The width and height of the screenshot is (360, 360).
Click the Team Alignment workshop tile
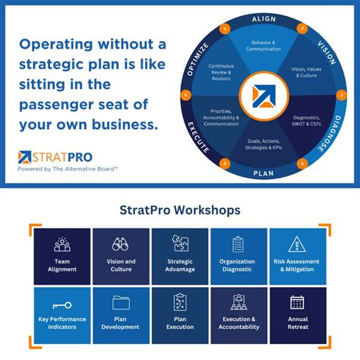[x=62, y=256]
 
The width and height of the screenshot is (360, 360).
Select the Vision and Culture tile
[x=121, y=256]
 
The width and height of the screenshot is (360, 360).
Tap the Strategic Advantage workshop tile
[x=180, y=256]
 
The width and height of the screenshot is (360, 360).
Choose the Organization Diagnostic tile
[x=238, y=256]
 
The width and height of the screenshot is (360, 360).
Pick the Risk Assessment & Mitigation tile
[x=298, y=256]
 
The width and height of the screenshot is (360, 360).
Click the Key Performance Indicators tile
[x=62, y=314]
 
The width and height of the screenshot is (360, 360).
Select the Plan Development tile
[x=121, y=314]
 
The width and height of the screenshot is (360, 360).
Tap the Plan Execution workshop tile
[x=180, y=314]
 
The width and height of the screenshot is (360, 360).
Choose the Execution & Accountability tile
[x=238, y=314]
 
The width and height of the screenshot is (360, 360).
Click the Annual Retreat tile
[x=298, y=314]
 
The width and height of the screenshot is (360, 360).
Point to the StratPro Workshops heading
[x=180, y=209]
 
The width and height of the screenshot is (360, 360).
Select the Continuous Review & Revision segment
[x=222, y=71]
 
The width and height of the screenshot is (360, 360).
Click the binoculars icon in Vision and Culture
[x=121, y=244]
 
